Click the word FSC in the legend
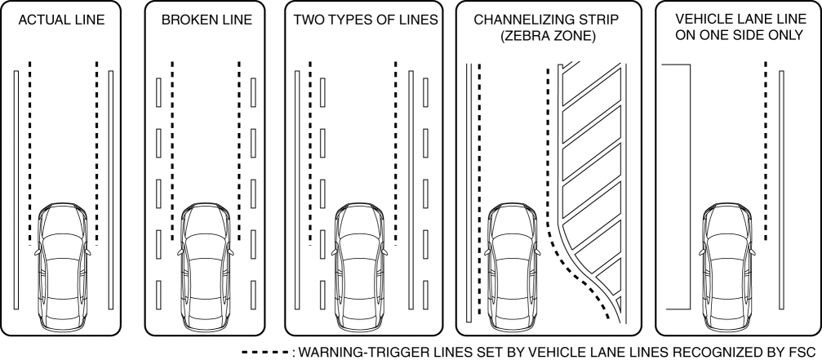click(x=806, y=352)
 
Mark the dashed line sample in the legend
click(x=264, y=352)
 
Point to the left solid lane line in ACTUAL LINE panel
click(x=16, y=188)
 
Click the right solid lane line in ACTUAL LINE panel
click(x=111, y=188)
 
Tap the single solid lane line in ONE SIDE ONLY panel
click(x=782, y=188)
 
